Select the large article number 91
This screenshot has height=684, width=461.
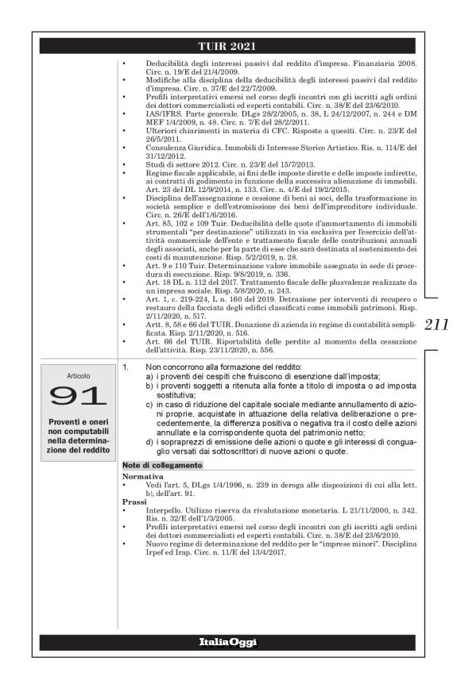(78, 396)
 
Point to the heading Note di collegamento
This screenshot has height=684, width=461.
(162, 465)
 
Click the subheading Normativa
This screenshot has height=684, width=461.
(142, 476)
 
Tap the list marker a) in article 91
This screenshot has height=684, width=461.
(149, 376)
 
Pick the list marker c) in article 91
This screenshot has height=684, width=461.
(149, 404)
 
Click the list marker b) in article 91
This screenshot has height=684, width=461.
(149, 386)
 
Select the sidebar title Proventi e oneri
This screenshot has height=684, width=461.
(78, 420)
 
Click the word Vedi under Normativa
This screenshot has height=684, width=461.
(153, 484)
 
